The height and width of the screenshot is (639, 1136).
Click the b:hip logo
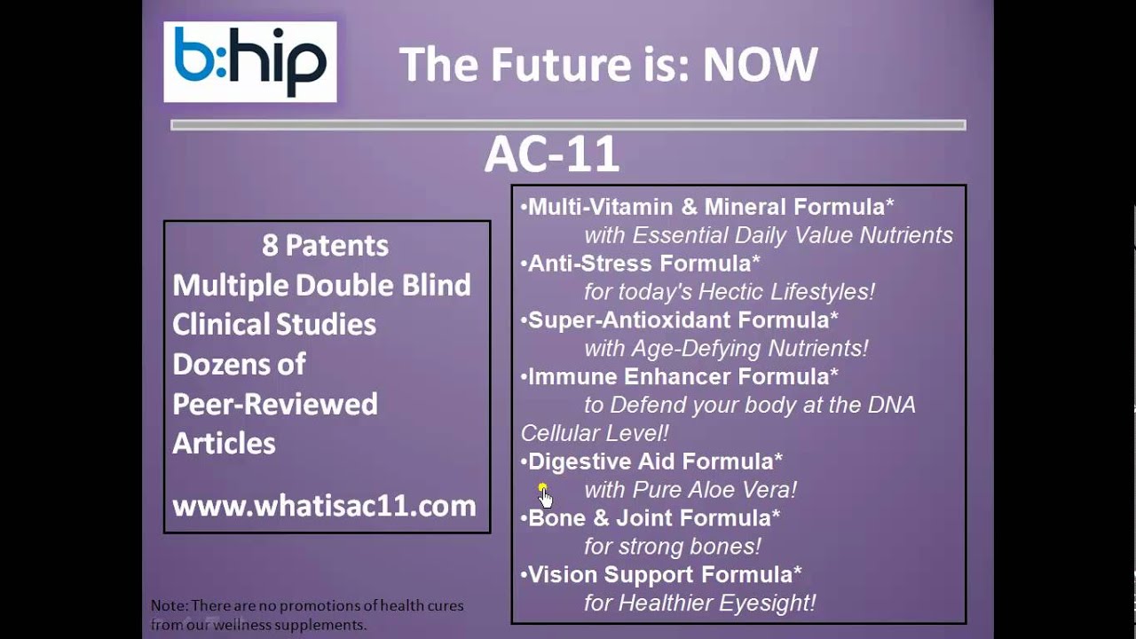pyautogui.click(x=249, y=62)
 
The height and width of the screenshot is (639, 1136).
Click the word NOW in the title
pyautogui.click(x=760, y=65)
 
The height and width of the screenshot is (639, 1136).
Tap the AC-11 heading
pyautogui.click(x=551, y=155)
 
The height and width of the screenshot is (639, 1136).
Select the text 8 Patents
pyautogui.click(x=325, y=245)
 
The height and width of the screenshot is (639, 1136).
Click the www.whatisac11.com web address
pyautogui.click(x=324, y=506)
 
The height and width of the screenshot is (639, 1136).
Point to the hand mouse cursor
pyautogui.click(x=544, y=495)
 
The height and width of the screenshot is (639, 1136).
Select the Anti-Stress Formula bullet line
pyautogui.click(x=643, y=264)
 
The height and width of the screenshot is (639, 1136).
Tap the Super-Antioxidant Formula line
pyautogui.click(x=682, y=319)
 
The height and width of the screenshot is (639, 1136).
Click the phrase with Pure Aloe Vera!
pyautogui.click(x=690, y=490)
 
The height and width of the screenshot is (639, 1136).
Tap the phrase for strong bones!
pyautogui.click(x=672, y=546)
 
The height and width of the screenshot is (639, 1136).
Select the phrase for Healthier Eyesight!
pyautogui.click(x=699, y=603)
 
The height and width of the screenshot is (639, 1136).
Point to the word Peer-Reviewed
pyautogui.click(x=274, y=404)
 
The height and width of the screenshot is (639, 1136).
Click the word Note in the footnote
pyautogui.click(x=168, y=605)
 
